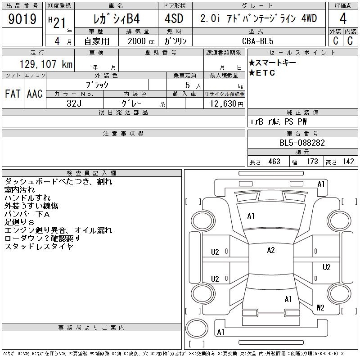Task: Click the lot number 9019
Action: [22, 19]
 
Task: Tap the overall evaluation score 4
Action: [343, 18]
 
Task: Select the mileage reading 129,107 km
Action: [46, 64]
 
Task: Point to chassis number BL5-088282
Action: [302, 143]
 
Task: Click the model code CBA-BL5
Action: [257, 41]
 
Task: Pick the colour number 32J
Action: [74, 103]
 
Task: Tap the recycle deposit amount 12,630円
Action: [226, 104]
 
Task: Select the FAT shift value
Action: [13, 94]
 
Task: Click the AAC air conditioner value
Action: [35, 94]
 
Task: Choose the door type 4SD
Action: [174, 18]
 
